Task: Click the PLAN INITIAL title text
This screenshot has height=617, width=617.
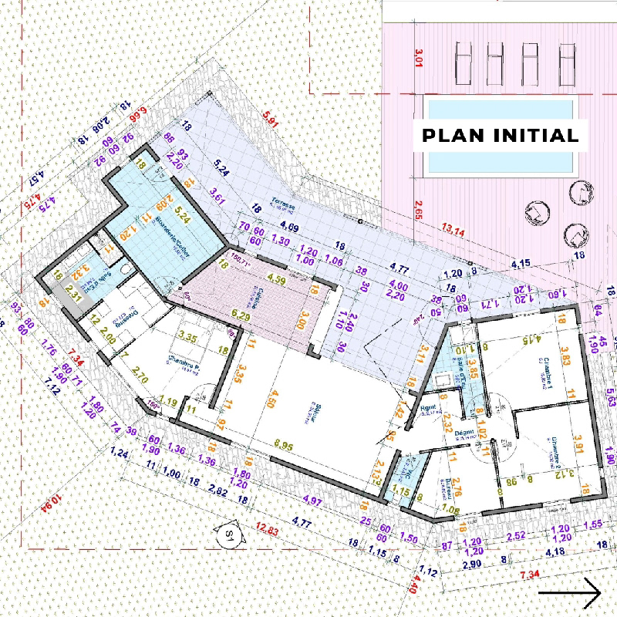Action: pyautogui.click(x=500, y=136)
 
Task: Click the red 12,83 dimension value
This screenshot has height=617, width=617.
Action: pyautogui.click(x=269, y=529)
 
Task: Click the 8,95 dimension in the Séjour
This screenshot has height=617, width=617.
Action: pyautogui.click(x=284, y=446)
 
